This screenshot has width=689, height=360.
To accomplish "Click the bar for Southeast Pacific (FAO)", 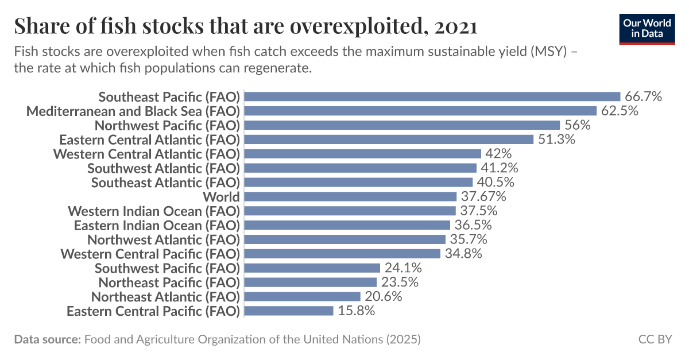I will click(x=433, y=96).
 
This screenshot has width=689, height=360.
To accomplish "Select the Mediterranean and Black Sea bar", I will click(x=421, y=111).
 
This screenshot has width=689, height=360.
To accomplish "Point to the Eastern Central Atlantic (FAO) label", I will click(x=149, y=140).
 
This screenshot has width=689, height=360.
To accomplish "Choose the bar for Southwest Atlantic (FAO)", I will click(x=361, y=168).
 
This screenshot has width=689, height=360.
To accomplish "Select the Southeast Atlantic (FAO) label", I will click(x=165, y=182).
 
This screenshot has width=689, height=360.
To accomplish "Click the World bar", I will click(x=351, y=196).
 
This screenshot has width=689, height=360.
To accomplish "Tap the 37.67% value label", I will click(x=483, y=196).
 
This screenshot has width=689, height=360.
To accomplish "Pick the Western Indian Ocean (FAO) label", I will click(x=153, y=211).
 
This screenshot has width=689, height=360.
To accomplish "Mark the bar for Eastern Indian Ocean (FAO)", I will click(x=347, y=225).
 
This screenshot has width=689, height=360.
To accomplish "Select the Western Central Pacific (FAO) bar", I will click(x=343, y=254).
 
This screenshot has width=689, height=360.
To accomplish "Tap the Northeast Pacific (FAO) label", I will click(x=168, y=282).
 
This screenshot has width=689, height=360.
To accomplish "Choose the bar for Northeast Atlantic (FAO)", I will click(x=303, y=296).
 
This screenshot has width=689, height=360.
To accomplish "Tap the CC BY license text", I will click(x=655, y=339).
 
